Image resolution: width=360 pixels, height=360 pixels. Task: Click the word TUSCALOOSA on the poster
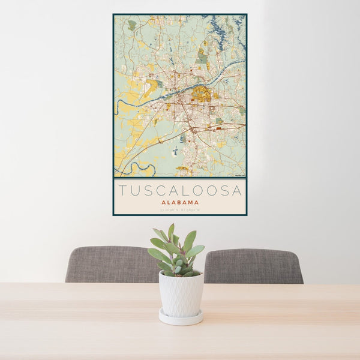click(x=180, y=191)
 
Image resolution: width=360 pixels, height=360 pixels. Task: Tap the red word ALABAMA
click(x=180, y=203)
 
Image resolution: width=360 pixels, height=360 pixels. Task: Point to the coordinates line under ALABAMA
click(x=180, y=209)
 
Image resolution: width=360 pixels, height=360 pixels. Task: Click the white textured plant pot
click(x=181, y=294)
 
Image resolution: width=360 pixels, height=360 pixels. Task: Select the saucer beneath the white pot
click(x=181, y=318)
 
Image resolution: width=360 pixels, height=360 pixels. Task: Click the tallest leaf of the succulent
click(x=171, y=231)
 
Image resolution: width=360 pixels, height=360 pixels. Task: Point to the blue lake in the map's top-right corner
click(x=225, y=27)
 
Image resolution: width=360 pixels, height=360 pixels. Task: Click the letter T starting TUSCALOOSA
click(x=122, y=191)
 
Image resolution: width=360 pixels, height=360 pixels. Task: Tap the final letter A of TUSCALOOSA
click(x=238, y=191)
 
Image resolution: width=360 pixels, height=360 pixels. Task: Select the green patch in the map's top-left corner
click(x=131, y=25)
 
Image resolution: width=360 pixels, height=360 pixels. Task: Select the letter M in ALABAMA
click(x=191, y=203)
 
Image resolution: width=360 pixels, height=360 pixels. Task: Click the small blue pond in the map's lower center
click(x=175, y=153)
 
